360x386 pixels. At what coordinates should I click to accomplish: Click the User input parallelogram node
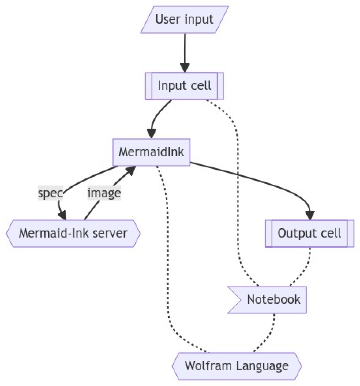coord(184,19)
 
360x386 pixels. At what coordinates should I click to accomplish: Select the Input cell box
coord(184,86)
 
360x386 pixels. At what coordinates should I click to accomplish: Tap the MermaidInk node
coord(152,152)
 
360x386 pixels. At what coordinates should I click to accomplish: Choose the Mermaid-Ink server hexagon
coord(73,233)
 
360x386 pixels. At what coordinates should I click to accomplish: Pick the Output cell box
coord(309,233)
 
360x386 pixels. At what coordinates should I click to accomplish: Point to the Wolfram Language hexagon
coord(236,366)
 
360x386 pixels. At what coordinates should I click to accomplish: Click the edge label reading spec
coord(50,193)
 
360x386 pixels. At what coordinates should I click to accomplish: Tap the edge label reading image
coord(104,193)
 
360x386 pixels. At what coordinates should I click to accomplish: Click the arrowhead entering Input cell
coord(184,68)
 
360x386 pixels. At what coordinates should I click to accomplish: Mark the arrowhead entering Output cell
coord(310,215)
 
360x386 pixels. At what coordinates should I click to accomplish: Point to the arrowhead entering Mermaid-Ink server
coord(62,215)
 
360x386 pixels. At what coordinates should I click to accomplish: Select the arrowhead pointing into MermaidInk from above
coord(151,134)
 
